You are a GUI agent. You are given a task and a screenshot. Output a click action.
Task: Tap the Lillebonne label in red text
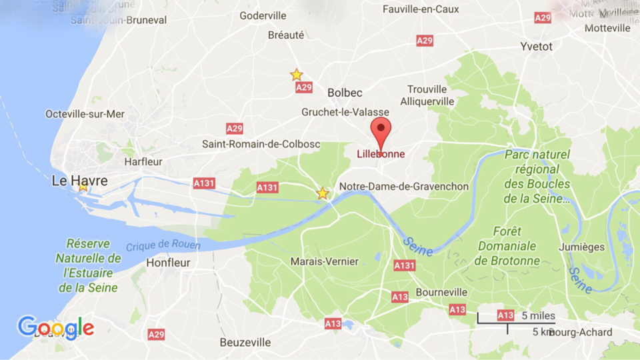381,154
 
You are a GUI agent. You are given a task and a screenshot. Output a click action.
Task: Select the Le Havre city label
79,181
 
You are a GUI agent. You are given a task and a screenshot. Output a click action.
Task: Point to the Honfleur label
168,263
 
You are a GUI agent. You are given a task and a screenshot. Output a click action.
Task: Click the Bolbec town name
345,93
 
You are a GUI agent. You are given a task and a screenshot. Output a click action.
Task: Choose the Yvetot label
536,47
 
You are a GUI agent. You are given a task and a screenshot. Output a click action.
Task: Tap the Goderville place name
263,16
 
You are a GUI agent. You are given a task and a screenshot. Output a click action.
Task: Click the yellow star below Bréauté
297,75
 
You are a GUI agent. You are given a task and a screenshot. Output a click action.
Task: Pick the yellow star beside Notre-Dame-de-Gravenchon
323,193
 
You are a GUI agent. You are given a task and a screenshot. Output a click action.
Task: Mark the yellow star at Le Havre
83,187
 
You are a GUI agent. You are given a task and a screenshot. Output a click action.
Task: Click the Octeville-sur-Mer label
85,114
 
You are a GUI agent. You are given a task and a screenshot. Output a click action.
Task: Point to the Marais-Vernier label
324,262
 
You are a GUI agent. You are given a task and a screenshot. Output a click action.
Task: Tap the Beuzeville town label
245,342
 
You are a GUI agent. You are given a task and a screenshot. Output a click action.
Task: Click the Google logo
55,328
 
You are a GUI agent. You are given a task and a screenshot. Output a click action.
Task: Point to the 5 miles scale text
538,315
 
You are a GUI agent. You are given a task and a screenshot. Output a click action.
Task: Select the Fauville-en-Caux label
421,9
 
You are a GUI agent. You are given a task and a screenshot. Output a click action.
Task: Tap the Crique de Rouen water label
163,245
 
